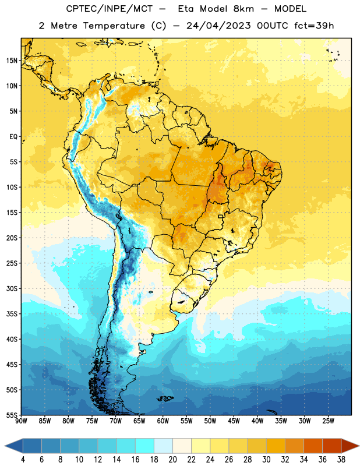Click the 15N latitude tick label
coord(12,61)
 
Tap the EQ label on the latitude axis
coord(13,137)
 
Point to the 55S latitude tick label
coord(12,415)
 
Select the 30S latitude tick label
coord(12,288)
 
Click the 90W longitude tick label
coord(21,421)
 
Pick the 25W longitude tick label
coord(328,421)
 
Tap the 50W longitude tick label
coord(210,421)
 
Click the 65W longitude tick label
coord(139,421)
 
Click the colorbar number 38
coord(341,460)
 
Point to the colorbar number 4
coord(23,460)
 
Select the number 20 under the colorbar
coord(172,460)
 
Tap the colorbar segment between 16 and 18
coord(145,446)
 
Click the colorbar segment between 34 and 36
coord(313,446)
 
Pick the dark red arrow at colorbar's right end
coord(350,446)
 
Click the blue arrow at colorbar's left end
coord(14,446)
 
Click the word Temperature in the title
coord(114,26)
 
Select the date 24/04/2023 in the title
coord(218,26)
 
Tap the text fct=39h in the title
coord(314,26)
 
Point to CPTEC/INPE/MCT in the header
coord(110,9)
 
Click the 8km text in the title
coord(243,9)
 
